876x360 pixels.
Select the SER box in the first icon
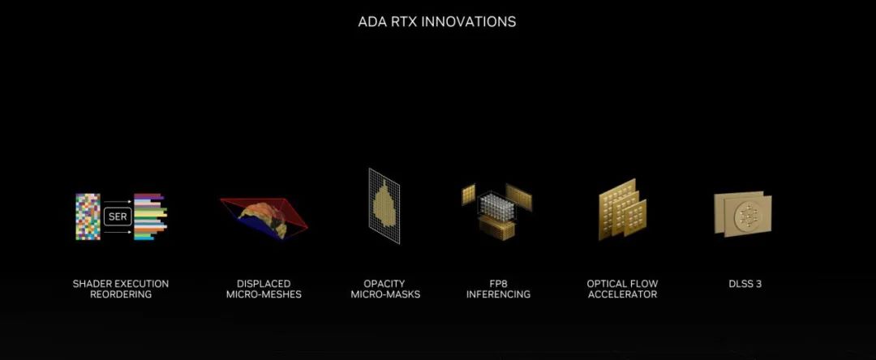118,216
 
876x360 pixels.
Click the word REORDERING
121,294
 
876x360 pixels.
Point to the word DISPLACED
264,284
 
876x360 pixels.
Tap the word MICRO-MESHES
264,294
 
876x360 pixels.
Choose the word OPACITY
385,284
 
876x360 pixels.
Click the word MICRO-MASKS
385,294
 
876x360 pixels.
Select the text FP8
498,284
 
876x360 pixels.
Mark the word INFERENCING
498,294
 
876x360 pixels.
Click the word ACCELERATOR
622,294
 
